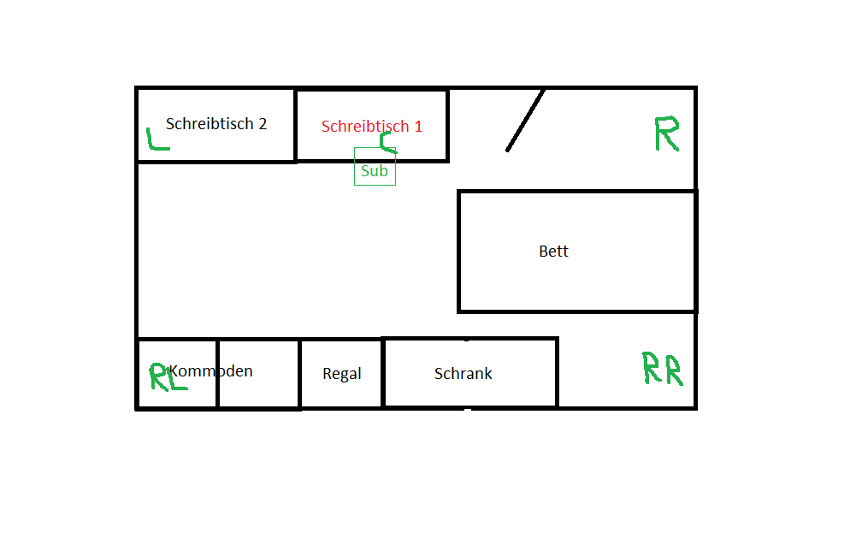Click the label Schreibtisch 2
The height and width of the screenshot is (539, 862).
[216, 123]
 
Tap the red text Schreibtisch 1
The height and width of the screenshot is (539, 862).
[372, 126]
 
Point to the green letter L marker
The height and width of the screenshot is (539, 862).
[156, 139]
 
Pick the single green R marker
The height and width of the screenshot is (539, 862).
[666, 133]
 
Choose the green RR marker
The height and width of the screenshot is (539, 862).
[663, 368]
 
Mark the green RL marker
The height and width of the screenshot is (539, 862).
[168, 376]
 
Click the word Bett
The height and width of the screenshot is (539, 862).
[553, 252]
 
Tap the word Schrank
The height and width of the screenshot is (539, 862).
[463, 374]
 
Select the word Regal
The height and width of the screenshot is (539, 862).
[342, 374]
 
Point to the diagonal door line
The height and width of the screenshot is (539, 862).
[525, 120]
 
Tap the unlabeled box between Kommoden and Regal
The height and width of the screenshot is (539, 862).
[258, 389]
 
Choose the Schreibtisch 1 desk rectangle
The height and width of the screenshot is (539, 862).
[419, 107]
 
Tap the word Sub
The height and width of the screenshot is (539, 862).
[375, 171]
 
